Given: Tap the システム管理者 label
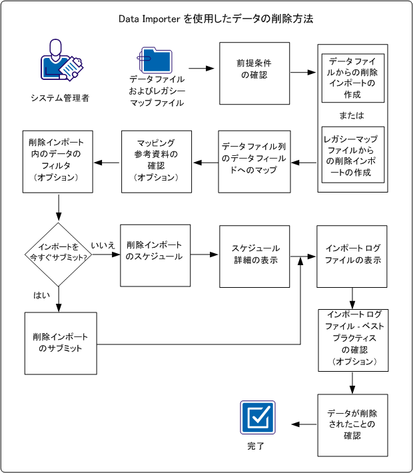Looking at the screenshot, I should point(60,98).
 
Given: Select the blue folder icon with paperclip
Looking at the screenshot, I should point(156,61).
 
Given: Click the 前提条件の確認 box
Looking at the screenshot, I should point(254,73).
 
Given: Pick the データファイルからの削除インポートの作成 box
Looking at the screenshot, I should point(353,79).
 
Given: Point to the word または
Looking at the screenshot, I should point(352,115).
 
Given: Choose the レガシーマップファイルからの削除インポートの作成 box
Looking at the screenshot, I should point(353,155).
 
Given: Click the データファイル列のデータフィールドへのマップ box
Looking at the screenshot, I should point(254,162).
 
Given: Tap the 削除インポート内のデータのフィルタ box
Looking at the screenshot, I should point(57,162).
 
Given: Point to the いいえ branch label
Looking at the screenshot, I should point(103,246).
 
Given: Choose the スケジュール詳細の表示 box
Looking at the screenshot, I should point(254,255).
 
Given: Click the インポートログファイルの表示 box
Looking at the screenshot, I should point(352,255).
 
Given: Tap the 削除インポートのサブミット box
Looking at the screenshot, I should point(61,343).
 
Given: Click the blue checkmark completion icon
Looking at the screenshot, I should point(257,417).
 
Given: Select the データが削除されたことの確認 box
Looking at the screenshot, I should point(352,425).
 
